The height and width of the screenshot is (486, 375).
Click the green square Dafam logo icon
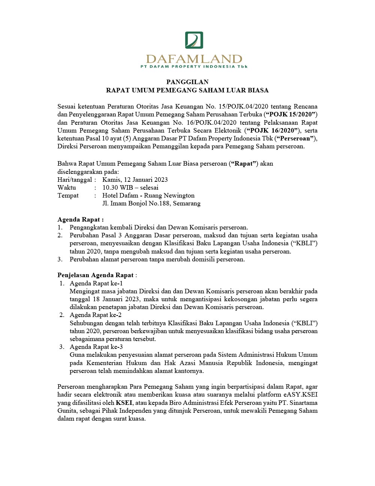194,40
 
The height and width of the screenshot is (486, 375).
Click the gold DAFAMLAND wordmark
194,59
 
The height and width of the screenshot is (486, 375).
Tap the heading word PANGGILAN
187,82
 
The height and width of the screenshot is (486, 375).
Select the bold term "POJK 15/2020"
291,115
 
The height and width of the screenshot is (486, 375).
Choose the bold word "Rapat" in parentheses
244,164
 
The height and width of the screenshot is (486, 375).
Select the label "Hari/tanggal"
75,180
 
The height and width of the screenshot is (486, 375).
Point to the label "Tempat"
68,196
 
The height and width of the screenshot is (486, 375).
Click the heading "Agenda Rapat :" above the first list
80,220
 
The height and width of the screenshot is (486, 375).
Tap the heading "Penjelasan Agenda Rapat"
96,275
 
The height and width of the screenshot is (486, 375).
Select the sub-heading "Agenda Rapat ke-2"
96,315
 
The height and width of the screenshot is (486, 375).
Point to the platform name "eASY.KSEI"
300,395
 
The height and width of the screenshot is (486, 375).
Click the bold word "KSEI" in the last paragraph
124,403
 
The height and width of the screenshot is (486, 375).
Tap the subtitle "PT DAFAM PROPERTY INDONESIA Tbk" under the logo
194,67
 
